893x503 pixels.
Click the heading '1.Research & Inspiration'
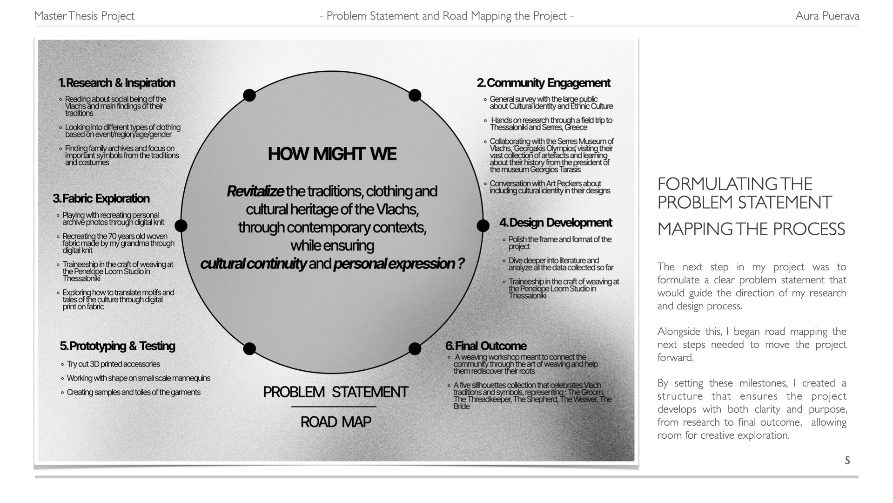117,83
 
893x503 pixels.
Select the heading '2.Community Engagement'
543,83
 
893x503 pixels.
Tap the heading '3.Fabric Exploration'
101,198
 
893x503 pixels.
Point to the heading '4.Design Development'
555,223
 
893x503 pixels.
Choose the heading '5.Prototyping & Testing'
117,346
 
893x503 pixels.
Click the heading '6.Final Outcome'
485,346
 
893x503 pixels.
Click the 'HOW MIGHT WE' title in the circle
332,154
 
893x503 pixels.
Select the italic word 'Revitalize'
255,191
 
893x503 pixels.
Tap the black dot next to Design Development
483,226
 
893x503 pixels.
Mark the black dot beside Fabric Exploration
181,226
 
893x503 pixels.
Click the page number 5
847,461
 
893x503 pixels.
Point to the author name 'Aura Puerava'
827,16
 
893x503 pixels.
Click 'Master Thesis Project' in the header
84,16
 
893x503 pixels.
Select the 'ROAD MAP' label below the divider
336,422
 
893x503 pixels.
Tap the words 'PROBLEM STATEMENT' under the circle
336,392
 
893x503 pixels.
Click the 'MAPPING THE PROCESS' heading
751,229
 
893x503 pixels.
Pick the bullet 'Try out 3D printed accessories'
113,364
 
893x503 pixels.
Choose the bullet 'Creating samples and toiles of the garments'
134,392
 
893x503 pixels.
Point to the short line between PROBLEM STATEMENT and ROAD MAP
334,407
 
